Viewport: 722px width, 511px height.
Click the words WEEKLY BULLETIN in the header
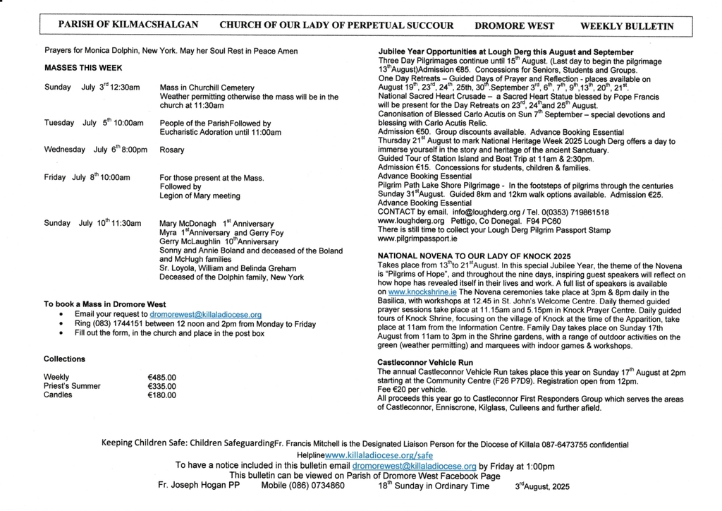click(626, 26)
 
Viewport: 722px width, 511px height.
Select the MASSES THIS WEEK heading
click(83, 68)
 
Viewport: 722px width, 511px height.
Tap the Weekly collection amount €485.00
click(161, 378)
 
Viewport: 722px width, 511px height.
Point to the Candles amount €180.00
click(161, 395)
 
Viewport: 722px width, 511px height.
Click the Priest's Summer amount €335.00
click(161, 386)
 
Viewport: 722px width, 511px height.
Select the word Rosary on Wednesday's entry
click(172, 150)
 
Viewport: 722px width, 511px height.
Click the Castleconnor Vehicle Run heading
click(425, 362)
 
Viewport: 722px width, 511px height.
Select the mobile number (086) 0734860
click(302, 486)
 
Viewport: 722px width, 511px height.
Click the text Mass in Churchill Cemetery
click(206, 88)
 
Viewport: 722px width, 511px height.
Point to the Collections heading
click(64, 359)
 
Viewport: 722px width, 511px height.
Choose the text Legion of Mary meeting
click(200, 196)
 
